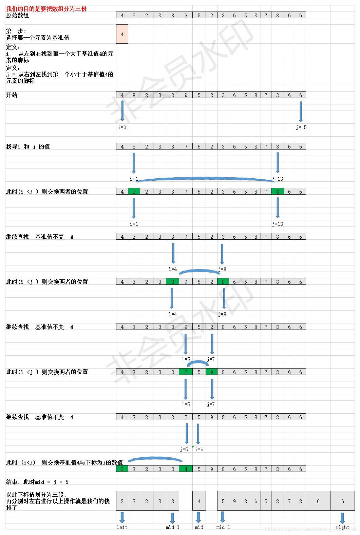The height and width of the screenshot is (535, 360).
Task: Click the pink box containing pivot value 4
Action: click(x=122, y=34)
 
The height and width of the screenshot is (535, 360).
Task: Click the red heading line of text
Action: click(x=46, y=9)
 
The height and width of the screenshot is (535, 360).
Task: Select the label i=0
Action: click(x=122, y=127)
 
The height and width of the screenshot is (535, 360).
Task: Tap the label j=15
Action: click(x=301, y=127)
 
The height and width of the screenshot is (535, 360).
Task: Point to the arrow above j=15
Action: click(x=300, y=111)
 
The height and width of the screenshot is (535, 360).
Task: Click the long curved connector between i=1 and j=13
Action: click(x=205, y=178)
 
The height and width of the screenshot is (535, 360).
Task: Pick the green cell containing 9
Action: click(x=211, y=372)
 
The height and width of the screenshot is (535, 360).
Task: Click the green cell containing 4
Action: click(x=186, y=469)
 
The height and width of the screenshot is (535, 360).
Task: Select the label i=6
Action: click(x=199, y=450)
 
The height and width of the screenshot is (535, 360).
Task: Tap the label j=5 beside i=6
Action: click(x=184, y=450)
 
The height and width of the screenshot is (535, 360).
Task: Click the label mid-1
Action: click(x=172, y=527)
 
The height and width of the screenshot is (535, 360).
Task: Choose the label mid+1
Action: click(x=223, y=527)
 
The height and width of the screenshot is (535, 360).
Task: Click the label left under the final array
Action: click(x=122, y=527)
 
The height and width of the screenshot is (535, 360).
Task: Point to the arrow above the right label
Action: click(x=342, y=518)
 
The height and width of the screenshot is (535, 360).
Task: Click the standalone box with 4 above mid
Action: click(x=199, y=501)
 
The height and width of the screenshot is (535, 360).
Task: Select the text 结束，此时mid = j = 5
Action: click(x=37, y=482)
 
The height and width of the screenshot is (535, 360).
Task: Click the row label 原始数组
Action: click(x=18, y=15)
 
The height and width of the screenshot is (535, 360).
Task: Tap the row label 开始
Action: click(x=12, y=95)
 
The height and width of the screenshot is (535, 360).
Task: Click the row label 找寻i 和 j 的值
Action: click(x=28, y=146)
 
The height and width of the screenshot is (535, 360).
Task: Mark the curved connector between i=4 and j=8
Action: click(x=200, y=271)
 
